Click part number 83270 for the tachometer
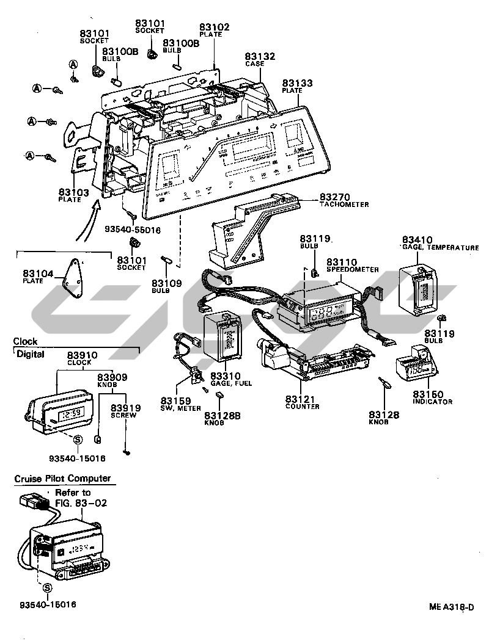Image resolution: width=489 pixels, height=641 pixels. tap(333, 197)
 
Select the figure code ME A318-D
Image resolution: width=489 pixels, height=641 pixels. tap(451, 607)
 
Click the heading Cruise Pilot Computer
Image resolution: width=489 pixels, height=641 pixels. tap(62, 479)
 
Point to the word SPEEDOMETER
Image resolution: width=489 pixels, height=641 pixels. tap(352, 269)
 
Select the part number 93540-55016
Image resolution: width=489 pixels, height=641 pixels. tap(132, 230)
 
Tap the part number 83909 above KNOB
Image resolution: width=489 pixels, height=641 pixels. tap(112, 377)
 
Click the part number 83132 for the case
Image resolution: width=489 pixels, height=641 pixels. tap(260, 56)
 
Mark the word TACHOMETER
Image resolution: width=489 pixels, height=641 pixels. tap(344, 205)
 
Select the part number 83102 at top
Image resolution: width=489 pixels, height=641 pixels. tap(215, 27)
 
